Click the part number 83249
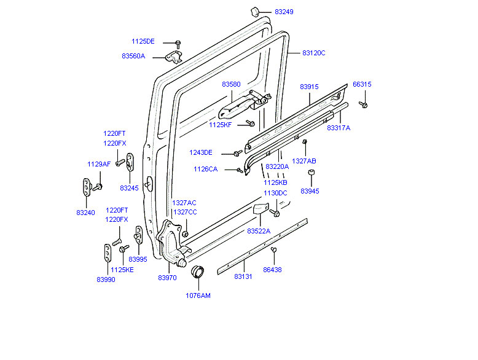pyautogui.click(x=284, y=12)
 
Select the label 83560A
pyautogui.click(x=133, y=56)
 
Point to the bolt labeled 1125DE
pyautogui.click(x=178, y=44)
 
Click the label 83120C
pyautogui.click(x=313, y=53)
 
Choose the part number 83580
pyautogui.click(x=231, y=84)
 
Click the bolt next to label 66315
pyautogui.click(x=364, y=104)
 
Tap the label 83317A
pyautogui.click(x=339, y=128)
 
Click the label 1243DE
pyautogui.click(x=201, y=153)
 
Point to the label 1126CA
pyautogui.click(x=205, y=169)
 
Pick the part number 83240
pyautogui.click(x=85, y=212)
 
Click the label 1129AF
pyautogui.click(x=99, y=164)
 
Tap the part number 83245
pyautogui.click(x=129, y=188)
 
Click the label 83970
pyautogui.click(x=167, y=278)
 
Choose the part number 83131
pyautogui.click(x=243, y=277)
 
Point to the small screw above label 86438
pyautogui.click(x=274, y=249)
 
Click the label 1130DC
pyautogui.click(x=275, y=194)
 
